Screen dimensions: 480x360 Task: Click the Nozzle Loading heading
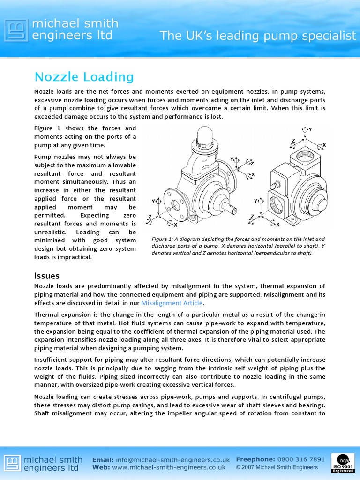(84, 77)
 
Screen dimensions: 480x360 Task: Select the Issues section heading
(47, 276)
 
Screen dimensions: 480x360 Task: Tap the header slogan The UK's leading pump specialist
(258, 36)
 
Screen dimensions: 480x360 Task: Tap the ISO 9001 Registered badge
(343, 463)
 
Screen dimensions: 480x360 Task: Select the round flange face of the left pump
(175, 204)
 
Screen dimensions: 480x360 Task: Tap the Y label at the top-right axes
(310, 129)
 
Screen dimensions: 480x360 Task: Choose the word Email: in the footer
(102, 460)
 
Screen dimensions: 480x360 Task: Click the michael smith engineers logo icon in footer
(13, 463)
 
